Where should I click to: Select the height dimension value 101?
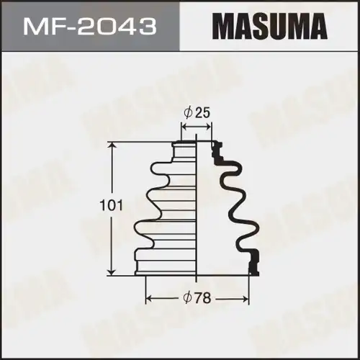click(96, 206)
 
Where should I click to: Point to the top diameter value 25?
click(202, 112)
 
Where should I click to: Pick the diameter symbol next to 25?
click(187, 112)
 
